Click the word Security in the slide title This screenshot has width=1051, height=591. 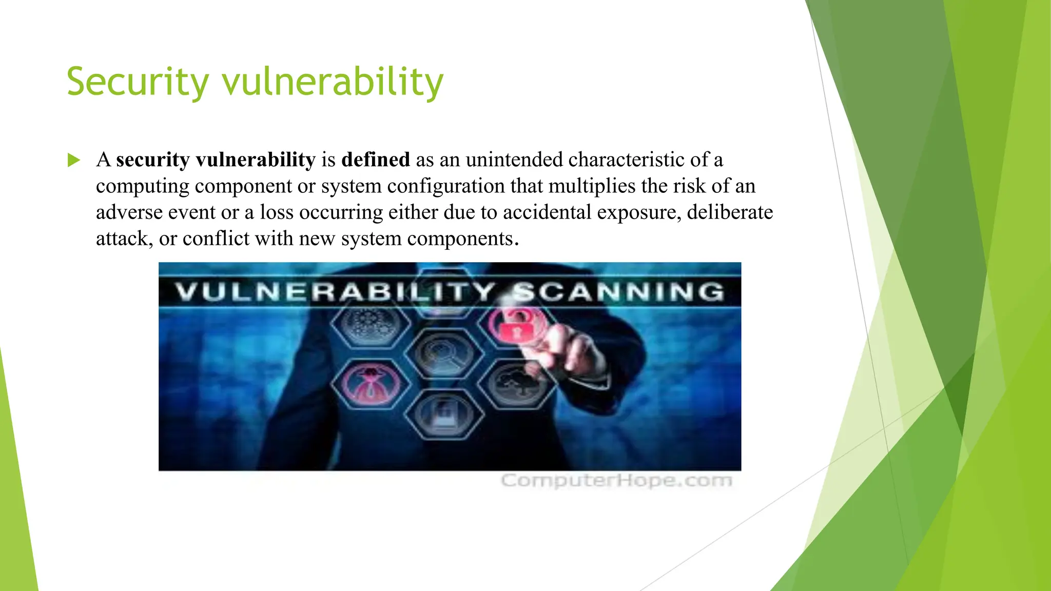tap(138, 82)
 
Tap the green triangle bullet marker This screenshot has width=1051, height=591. tap(74, 161)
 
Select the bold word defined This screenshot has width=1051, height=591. tap(375, 160)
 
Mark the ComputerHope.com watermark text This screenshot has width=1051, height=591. tap(616, 481)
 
